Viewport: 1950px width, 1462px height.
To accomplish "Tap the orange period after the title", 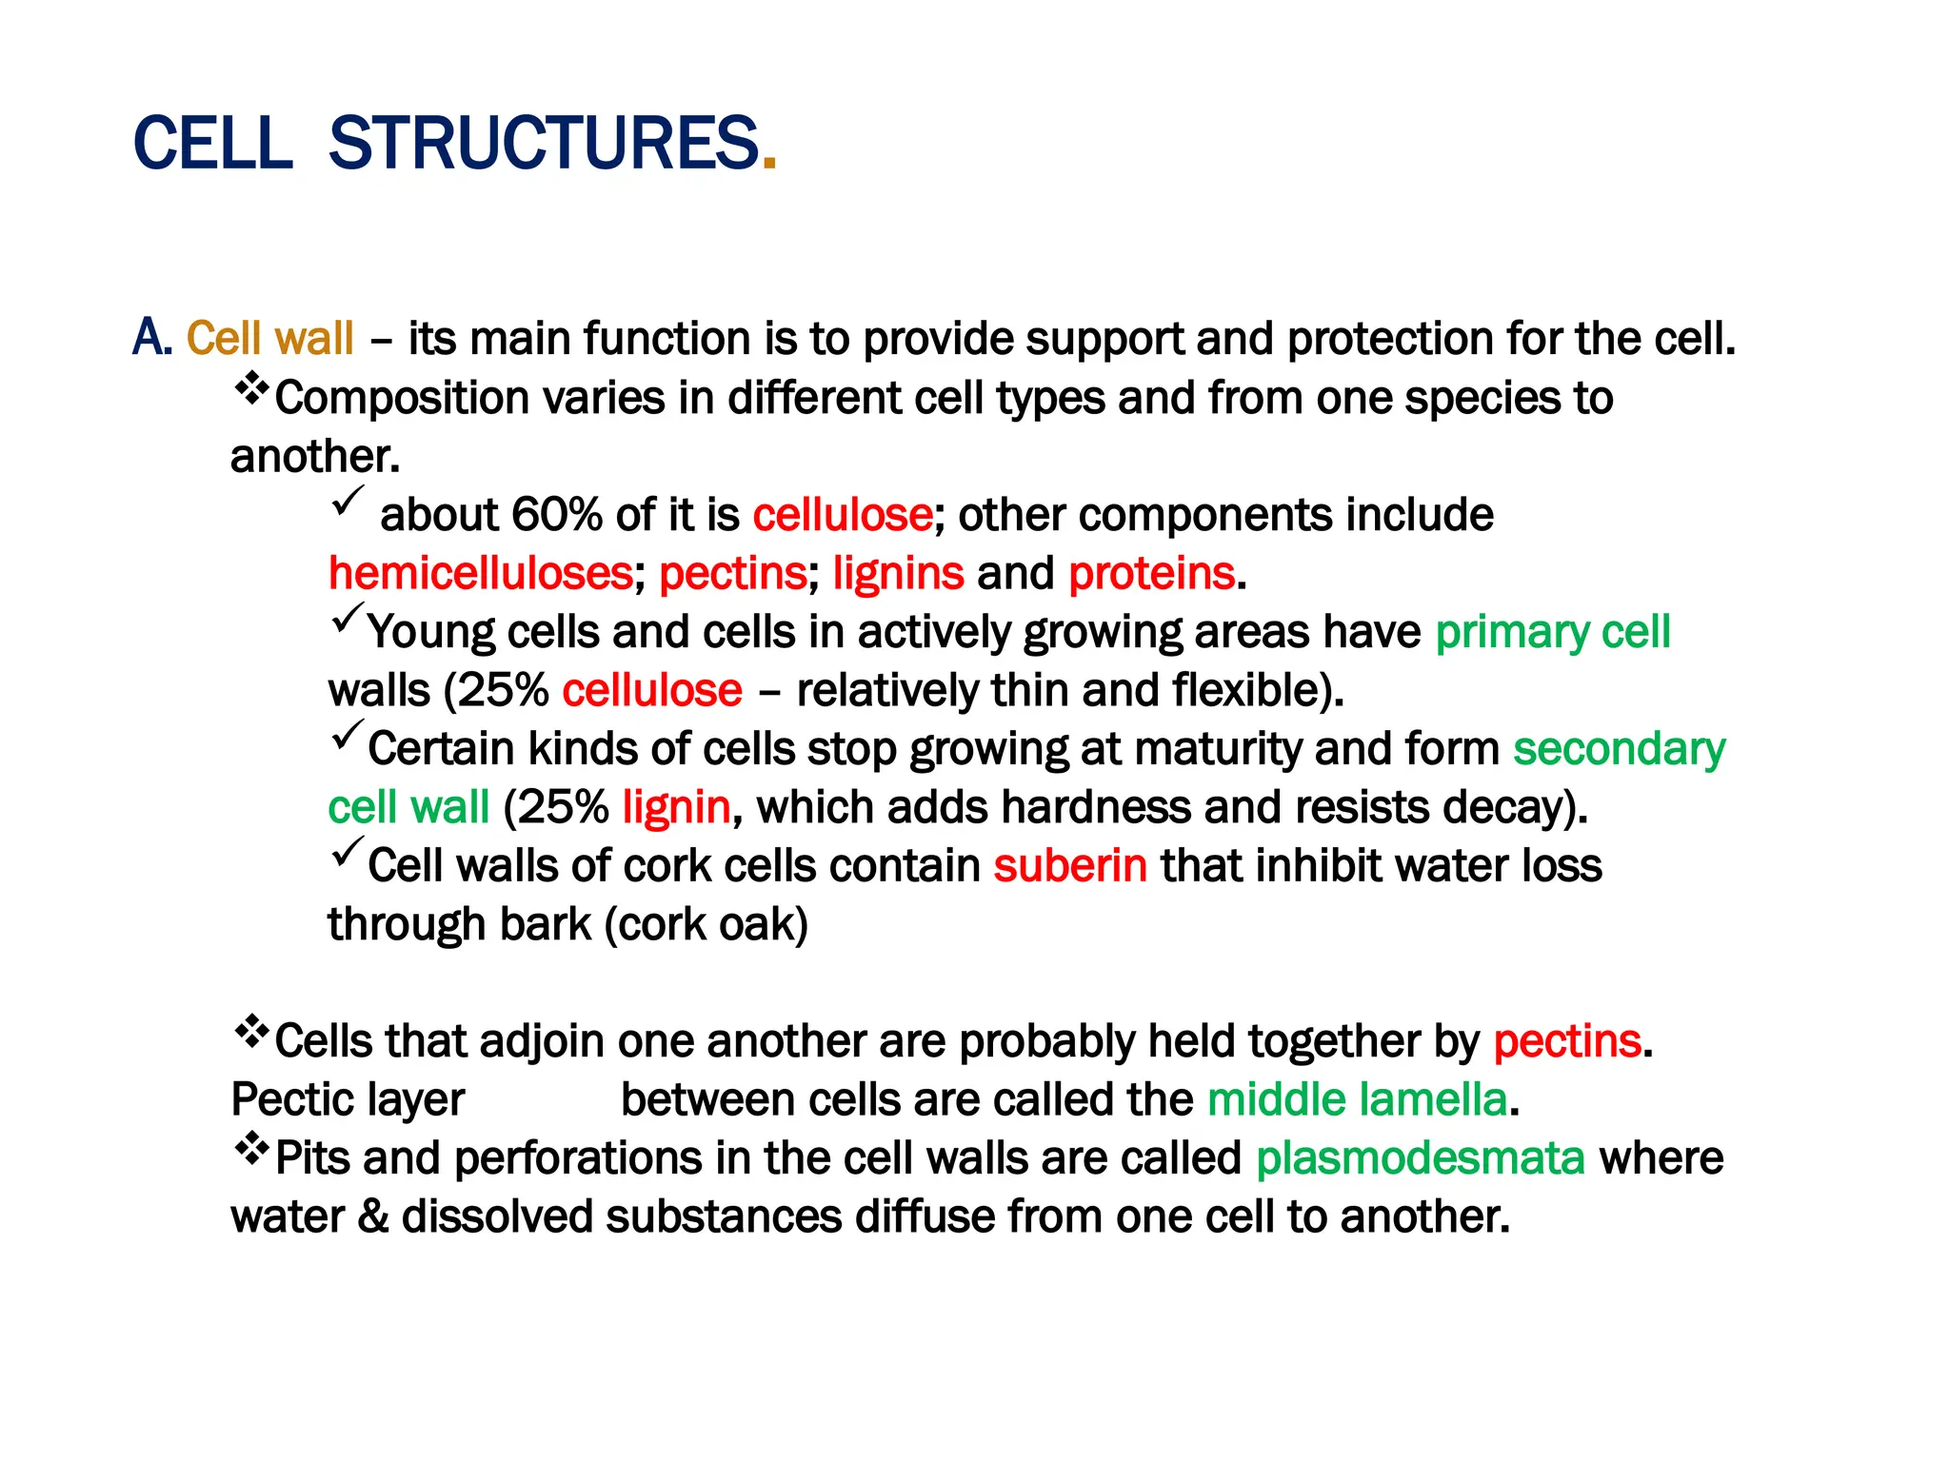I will point(769,164).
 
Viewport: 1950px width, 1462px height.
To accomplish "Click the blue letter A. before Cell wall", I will point(151,338).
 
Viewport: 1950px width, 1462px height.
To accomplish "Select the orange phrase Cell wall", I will point(269,339).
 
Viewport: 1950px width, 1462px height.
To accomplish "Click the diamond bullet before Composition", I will point(251,388).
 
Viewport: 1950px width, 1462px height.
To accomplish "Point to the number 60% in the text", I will point(557,515).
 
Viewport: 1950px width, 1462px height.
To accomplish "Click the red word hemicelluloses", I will point(481,574).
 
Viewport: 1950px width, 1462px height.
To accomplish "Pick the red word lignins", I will point(898,574).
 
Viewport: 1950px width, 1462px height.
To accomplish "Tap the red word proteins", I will point(1151,574).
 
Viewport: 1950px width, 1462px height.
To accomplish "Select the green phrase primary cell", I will point(1552,633).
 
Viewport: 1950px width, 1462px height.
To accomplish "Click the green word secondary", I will point(1619,750).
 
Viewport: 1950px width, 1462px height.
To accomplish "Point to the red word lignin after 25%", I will point(676,808).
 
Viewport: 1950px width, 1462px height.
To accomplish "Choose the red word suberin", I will point(1070,866).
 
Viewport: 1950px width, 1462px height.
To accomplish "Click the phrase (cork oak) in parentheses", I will point(706,925).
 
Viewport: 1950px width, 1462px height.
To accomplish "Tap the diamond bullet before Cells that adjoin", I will point(251,1032).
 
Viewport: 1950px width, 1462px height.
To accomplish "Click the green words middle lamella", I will point(1357,1100).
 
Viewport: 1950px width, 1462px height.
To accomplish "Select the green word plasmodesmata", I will point(1420,1159).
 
